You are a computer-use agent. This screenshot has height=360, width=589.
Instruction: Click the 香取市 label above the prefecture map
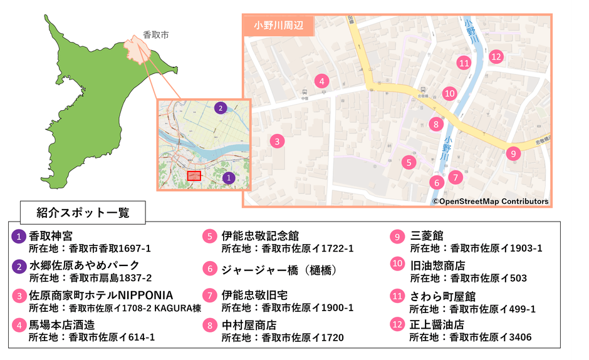155,35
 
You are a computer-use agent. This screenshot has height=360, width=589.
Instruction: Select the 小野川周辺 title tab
278,26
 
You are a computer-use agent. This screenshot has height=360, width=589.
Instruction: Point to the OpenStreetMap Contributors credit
490,202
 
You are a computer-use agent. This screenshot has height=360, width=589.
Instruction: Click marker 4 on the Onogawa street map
321,81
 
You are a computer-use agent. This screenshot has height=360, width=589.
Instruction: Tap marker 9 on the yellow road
513,153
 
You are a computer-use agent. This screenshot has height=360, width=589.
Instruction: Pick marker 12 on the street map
496,56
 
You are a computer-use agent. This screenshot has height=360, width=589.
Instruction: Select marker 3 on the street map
277,141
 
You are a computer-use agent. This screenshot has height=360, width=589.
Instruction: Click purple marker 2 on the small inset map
220,108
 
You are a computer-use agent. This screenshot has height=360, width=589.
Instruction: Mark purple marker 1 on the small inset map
229,178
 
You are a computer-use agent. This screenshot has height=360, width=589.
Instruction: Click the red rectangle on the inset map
194,176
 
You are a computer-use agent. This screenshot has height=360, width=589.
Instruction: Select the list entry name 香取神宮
51,236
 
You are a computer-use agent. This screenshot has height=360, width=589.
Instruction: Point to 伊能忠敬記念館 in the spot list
260,236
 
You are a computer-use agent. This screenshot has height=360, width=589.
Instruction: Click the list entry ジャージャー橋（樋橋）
279,270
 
